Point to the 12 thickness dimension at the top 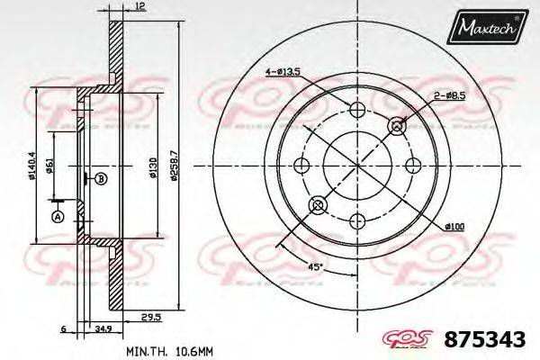[139, 8]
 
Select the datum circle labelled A [58, 217]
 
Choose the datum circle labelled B [101, 179]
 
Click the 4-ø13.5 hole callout [283, 69]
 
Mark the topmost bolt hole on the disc [356, 110]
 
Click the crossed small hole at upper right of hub [396, 127]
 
